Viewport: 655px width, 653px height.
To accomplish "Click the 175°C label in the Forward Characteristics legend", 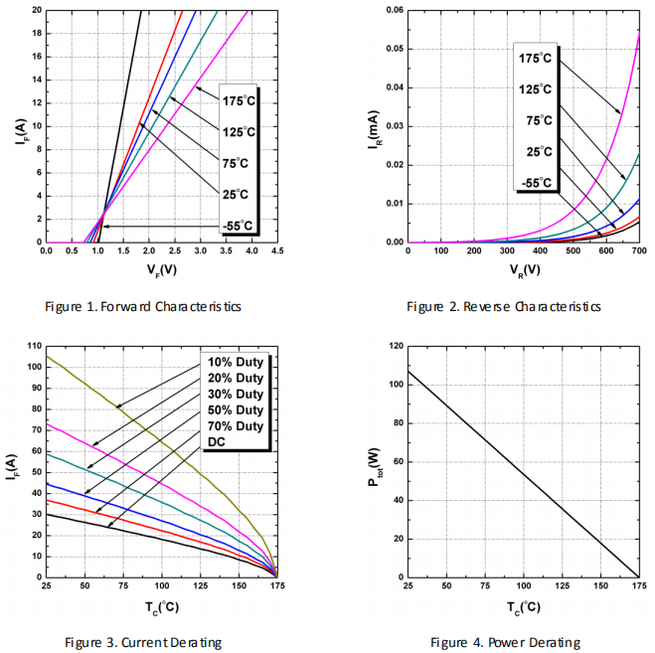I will click(239, 99).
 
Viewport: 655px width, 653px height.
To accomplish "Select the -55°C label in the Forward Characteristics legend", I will click(238, 226).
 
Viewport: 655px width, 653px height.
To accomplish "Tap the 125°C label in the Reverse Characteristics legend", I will click(535, 89).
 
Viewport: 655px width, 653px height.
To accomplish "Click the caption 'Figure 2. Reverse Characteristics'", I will click(504, 306).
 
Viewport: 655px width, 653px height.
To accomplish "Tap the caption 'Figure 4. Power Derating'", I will click(504, 641).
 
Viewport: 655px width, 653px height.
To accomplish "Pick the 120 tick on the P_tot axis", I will click(395, 346).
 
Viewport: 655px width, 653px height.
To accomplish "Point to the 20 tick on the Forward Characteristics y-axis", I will click(37, 10).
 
